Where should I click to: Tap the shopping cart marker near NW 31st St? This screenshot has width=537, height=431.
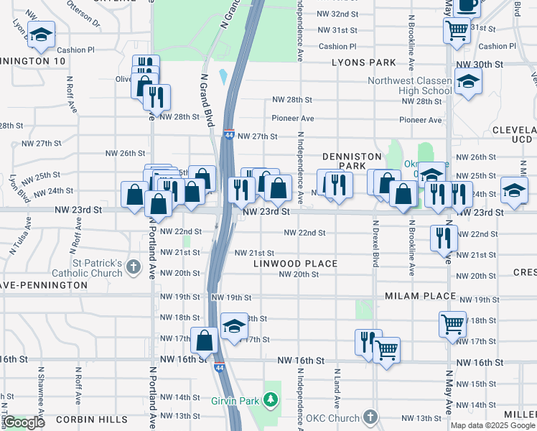tap(457, 31)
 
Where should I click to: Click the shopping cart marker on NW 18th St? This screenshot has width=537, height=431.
tap(452, 324)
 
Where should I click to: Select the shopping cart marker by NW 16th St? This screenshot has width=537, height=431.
tap(386, 351)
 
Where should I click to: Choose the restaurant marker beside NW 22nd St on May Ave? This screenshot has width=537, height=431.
tap(444, 237)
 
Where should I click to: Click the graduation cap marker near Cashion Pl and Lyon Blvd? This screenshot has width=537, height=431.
tap(42, 34)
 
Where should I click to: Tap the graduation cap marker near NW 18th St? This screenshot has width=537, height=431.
tap(234, 327)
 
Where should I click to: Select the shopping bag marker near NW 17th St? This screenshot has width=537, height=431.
tap(205, 340)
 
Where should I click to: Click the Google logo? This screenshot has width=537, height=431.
tap(24, 422)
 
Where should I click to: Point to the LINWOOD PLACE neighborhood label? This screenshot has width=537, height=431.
tap(295, 264)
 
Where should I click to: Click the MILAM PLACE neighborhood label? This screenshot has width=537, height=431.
tap(420, 296)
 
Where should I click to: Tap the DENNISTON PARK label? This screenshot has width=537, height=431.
tap(345, 160)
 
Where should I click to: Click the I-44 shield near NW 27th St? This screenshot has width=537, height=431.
tap(228, 134)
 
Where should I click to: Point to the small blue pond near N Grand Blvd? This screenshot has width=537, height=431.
tap(223, 75)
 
